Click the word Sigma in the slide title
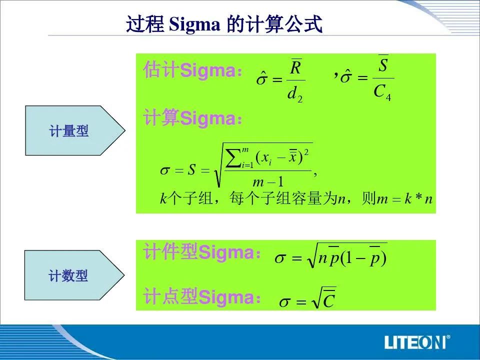pyautogui.click(x=194, y=25)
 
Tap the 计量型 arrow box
pyautogui.click(x=75, y=130)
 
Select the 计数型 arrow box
pyautogui.click(x=74, y=275)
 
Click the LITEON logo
pyautogui.click(x=417, y=342)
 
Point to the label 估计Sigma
pyautogui.click(x=193, y=70)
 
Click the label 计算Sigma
pyautogui.click(x=193, y=118)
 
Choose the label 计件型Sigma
pyautogui.click(x=202, y=252)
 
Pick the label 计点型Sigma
pyautogui.click(x=202, y=297)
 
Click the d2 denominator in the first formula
pyautogui.click(x=295, y=94)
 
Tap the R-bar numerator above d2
pyautogui.click(x=296, y=66)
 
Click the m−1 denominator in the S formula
pyautogui.click(x=268, y=182)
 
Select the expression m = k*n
pyautogui.click(x=405, y=198)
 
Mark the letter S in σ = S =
pyautogui.click(x=191, y=170)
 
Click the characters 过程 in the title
pyautogui.click(x=145, y=24)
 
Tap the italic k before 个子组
pyautogui.click(x=163, y=198)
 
